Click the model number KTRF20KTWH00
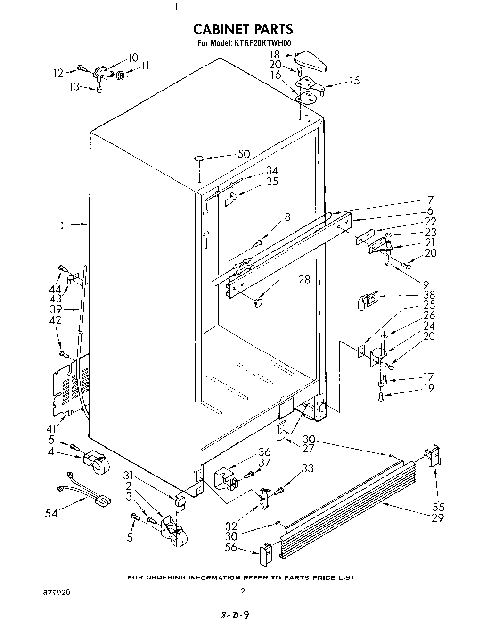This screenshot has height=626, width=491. [261, 43]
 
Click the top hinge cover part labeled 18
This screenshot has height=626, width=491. [311, 62]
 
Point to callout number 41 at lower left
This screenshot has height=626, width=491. [51, 428]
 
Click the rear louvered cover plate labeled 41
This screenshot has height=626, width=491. [69, 385]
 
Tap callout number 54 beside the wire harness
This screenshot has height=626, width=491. [51, 513]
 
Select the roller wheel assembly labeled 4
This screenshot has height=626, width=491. [96, 461]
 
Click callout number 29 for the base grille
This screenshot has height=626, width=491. [438, 517]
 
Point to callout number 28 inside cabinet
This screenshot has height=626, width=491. [304, 279]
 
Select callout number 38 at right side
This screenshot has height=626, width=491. [429, 295]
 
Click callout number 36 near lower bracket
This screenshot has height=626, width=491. [264, 452]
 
